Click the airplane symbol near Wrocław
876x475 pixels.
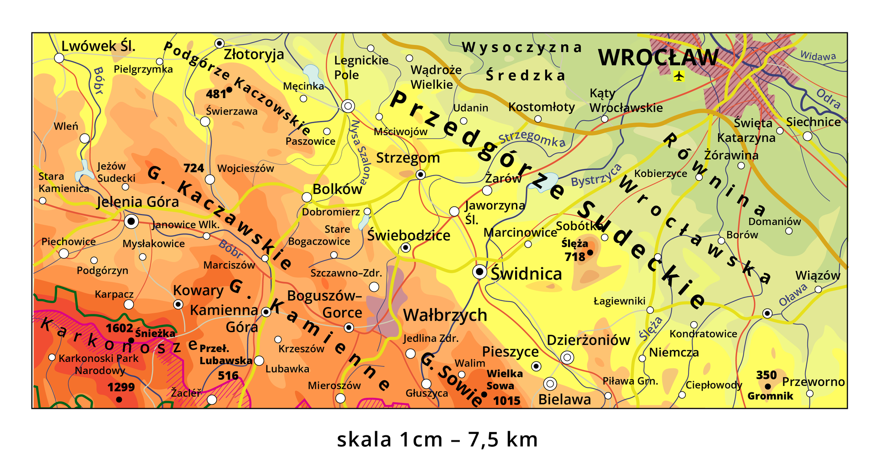pyautogui.click(x=679, y=76)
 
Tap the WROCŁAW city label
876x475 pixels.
pyautogui.click(x=657, y=58)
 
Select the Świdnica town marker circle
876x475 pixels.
pyautogui.click(x=480, y=272)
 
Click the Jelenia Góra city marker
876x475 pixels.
pyautogui.click(x=131, y=222)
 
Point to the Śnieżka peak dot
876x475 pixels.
pyautogui.click(x=131, y=340)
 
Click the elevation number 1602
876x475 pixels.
pyautogui.click(x=119, y=328)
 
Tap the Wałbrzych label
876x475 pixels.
pyautogui.click(x=445, y=315)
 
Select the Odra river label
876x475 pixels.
pyautogui.click(x=828, y=99)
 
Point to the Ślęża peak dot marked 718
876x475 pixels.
pyautogui.click(x=590, y=252)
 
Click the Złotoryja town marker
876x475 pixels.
pyautogui.click(x=219, y=43)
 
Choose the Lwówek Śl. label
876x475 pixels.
pyautogui.click(x=98, y=46)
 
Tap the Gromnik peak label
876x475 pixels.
pyautogui.click(x=770, y=396)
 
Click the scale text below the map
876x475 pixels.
pyautogui.click(x=437, y=439)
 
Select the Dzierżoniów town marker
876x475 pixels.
pyautogui.click(x=567, y=358)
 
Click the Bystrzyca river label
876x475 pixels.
pyautogui.click(x=596, y=175)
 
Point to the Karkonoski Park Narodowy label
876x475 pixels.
pyautogui.click(x=99, y=364)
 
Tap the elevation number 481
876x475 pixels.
pyautogui.click(x=215, y=94)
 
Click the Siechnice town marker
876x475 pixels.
pyautogui.click(x=808, y=136)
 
